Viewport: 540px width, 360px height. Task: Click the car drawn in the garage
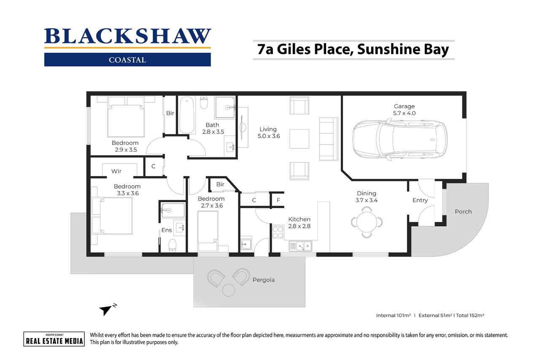click(x=400, y=139)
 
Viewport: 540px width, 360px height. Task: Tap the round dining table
click(x=367, y=222)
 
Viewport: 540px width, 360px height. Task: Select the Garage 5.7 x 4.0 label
click(x=404, y=110)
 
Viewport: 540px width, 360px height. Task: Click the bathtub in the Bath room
click(x=187, y=115)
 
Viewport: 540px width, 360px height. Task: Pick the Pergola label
click(x=264, y=280)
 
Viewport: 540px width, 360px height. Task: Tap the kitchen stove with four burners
click(x=278, y=232)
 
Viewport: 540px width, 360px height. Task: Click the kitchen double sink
click(x=300, y=246)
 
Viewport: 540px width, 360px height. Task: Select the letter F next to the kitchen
click(x=278, y=200)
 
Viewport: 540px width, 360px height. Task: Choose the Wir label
click(x=116, y=171)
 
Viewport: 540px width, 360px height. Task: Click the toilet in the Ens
click(x=172, y=245)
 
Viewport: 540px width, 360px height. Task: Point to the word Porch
click(x=463, y=212)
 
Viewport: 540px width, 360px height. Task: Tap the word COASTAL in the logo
click(x=127, y=60)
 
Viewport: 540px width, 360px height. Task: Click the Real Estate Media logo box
click(x=54, y=339)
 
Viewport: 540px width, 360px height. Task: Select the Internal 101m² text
click(x=393, y=315)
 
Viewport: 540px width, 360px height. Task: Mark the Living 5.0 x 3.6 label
click(x=269, y=133)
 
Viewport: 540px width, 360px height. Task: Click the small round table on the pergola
click(x=229, y=290)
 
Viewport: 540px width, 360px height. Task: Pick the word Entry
click(x=420, y=200)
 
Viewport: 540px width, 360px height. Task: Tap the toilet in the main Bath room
click(x=204, y=103)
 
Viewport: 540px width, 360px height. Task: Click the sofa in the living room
click(x=329, y=139)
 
